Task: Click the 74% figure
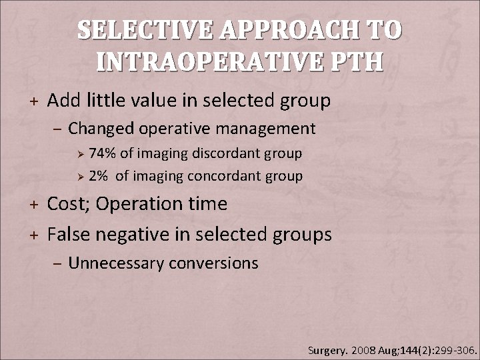click(101, 153)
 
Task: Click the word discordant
click(224, 153)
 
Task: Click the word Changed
click(100, 127)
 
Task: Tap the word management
click(259, 127)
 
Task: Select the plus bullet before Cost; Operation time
click(33, 203)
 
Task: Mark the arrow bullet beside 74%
click(78, 154)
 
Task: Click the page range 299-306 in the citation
click(451, 349)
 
